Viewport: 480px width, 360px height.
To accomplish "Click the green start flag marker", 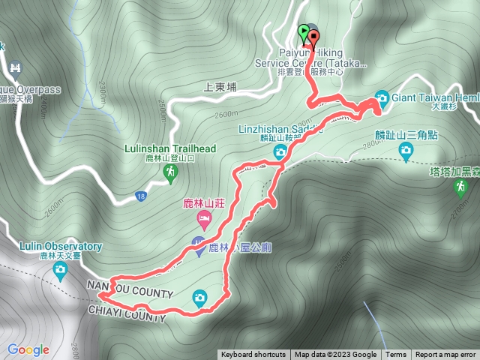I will tap(303, 33).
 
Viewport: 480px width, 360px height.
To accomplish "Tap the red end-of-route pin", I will tap(313, 37).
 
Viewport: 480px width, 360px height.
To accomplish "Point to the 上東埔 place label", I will tap(220, 86).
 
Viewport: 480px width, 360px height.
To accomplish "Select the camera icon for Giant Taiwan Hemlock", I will tap(382, 98).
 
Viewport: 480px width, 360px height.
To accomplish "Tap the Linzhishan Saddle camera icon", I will tap(280, 152).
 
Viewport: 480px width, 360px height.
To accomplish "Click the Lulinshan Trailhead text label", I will tap(170, 148).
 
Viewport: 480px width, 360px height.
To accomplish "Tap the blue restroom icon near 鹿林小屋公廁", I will tap(198, 244).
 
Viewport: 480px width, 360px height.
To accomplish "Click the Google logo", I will tap(28, 349).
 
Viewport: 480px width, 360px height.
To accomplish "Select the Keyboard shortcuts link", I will tap(253, 355).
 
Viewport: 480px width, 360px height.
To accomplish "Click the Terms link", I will tap(396, 355).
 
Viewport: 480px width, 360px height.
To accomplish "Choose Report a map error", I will tap(445, 355).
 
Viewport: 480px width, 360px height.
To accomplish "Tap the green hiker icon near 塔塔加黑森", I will tap(460, 187).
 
